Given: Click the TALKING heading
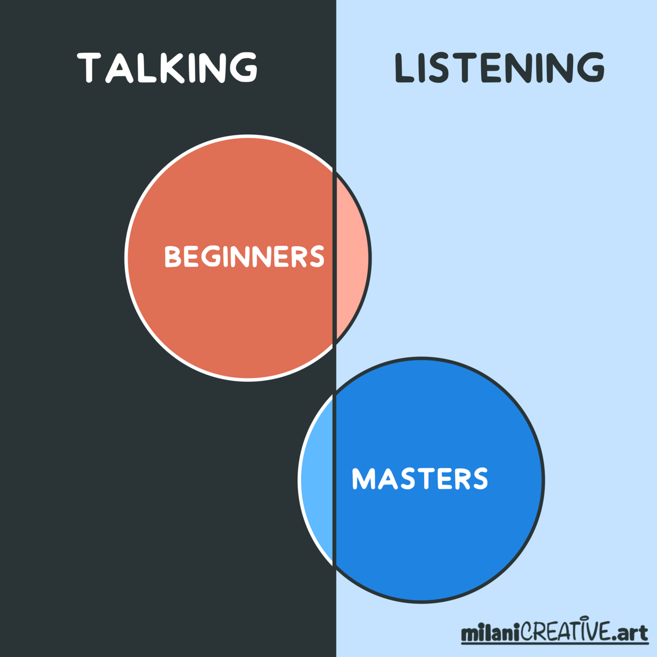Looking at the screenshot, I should (167, 67).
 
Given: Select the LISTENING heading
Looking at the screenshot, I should (499, 68).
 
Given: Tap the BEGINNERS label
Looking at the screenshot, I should (244, 256).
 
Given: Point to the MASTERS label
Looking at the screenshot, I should (420, 479).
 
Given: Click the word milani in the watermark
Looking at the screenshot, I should (490, 634).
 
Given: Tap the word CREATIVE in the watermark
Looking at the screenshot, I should (564, 632).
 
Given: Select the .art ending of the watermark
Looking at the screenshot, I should (630, 634).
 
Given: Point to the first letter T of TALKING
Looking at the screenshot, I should (89, 68).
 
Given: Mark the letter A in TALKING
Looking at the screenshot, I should (119, 68).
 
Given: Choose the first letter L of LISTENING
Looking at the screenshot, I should (405, 68).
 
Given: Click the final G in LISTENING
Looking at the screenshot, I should (590, 68).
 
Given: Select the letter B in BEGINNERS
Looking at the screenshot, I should (173, 257).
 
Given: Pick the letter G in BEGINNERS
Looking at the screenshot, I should (211, 257).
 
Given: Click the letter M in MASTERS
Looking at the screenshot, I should (363, 479).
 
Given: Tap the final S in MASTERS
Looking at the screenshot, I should (479, 479).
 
